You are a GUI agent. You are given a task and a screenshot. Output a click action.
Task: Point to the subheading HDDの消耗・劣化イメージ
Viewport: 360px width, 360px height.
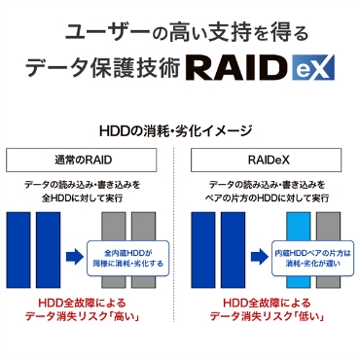[x=179, y=129]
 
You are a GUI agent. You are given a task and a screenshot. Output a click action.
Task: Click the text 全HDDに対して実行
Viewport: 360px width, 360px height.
[x=90, y=198]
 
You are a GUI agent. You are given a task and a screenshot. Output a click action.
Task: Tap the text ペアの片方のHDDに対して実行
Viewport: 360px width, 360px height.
[x=269, y=198]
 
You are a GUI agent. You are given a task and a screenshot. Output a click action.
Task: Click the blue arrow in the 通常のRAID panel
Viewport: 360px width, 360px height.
[x=73, y=257]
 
